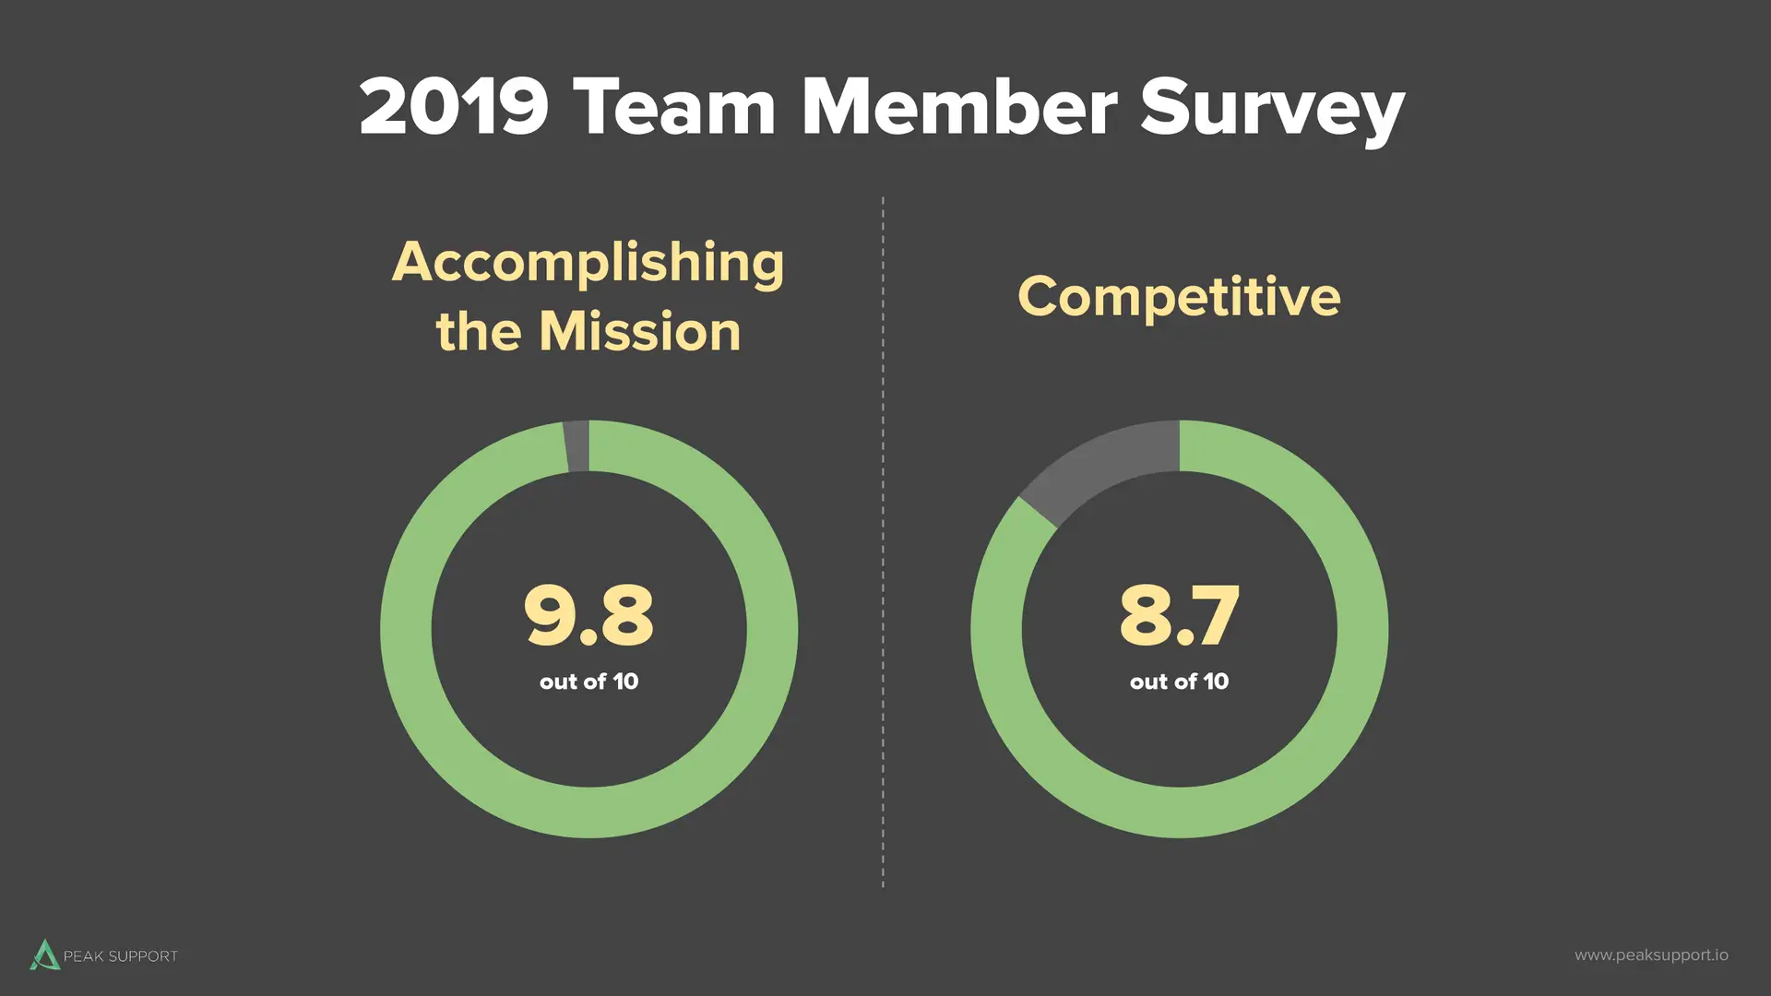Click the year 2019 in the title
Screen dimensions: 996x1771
[454, 107]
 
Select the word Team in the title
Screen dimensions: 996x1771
[673, 107]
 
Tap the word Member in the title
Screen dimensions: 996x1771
[959, 107]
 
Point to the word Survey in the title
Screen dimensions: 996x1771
[1272, 109]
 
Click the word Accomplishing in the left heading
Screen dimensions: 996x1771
[588, 264]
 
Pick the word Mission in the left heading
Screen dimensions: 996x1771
[640, 332]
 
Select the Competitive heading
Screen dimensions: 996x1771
[1179, 297]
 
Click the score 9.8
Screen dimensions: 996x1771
[588, 614]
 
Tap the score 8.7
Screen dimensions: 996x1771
[1179, 614]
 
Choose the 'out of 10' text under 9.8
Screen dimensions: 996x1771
[588, 682]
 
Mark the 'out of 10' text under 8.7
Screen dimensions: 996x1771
[1179, 682]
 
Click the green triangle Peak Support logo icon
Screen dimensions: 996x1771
[44, 955]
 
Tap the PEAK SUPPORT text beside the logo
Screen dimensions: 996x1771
[121, 956]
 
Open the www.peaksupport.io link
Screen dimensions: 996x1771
[1651, 955]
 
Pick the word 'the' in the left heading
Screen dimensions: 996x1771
[479, 332]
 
